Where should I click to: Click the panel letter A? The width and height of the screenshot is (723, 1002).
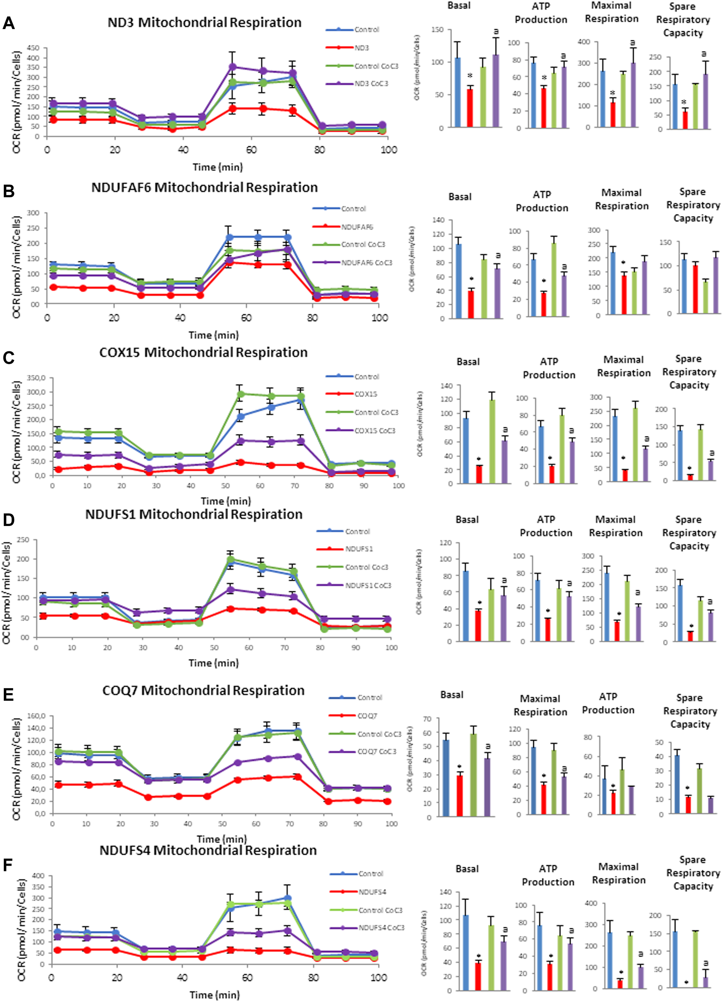point(8,24)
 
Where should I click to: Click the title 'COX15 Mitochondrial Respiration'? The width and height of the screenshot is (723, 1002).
point(203,353)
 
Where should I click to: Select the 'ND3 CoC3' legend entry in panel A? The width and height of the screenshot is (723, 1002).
point(371,83)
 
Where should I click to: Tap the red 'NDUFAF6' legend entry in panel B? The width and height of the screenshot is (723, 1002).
point(356,227)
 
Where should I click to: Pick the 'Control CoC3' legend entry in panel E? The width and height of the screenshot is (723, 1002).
point(379,734)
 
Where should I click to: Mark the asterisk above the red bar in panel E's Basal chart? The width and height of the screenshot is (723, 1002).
point(460,767)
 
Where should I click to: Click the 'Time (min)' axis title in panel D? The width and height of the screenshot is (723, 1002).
point(213,663)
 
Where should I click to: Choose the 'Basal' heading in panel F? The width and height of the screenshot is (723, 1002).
point(467,869)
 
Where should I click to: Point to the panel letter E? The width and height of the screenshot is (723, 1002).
point(8,695)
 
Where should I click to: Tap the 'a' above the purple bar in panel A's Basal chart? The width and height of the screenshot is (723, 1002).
point(496,32)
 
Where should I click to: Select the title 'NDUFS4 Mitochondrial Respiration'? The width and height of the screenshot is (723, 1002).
point(208,851)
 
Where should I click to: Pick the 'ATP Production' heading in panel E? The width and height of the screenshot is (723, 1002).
point(608,703)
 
